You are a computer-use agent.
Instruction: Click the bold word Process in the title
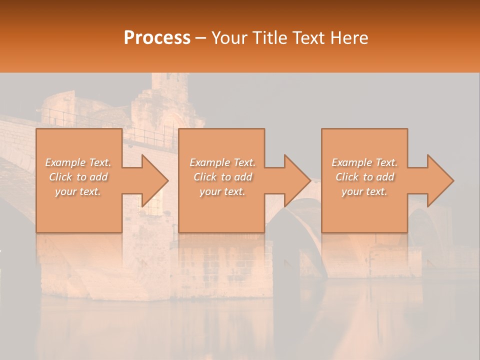tap(157, 38)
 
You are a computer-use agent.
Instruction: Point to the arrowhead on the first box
tap(152, 180)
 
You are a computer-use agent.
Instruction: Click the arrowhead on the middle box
tap(295, 180)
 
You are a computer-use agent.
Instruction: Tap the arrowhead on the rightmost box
tap(438, 180)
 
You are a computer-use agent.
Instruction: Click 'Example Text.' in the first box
tap(78, 162)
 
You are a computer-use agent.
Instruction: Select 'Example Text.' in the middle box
tap(222, 162)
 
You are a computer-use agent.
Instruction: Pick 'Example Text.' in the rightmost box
tap(364, 162)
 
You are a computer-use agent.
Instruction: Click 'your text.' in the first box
tap(78, 191)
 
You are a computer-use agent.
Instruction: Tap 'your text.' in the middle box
tap(222, 191)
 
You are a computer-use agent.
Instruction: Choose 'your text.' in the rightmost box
tap(364, 191)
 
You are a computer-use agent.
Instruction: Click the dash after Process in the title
tap(201, 38)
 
